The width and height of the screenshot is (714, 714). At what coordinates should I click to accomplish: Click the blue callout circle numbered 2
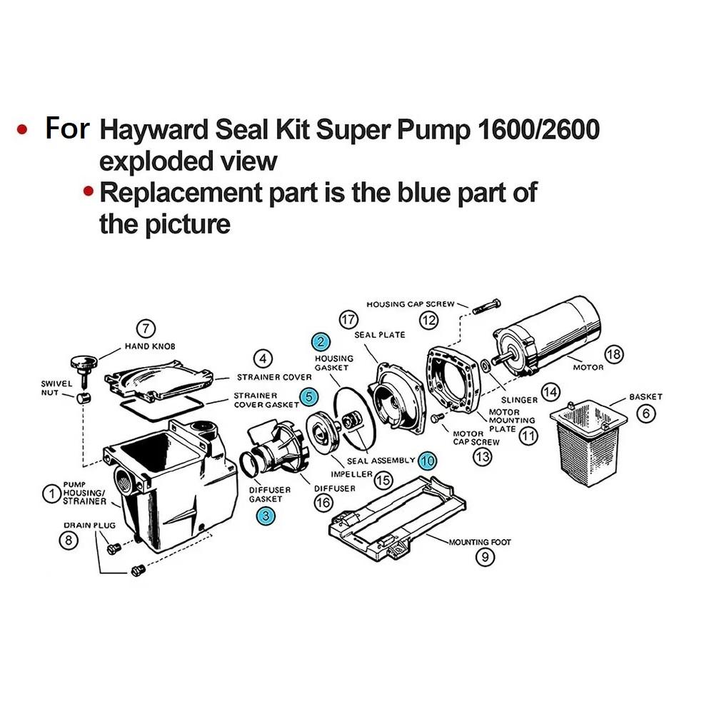coord(321,342)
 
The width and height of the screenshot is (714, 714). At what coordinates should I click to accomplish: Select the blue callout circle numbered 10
coord(427,461)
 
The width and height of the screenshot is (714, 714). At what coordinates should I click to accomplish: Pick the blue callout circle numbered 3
coord(266,516)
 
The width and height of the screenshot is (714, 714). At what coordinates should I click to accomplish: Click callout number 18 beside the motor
coord(613,353)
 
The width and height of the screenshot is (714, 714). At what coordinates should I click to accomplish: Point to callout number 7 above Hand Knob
coord(146,328)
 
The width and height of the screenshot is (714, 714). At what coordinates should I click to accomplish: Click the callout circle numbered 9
coord(485,558)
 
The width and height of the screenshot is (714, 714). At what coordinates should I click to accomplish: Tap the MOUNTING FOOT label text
coord(480,542)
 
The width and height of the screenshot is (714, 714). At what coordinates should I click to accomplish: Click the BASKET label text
coord(645,396)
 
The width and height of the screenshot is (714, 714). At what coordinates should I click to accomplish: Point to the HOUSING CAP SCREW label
coord(410,304)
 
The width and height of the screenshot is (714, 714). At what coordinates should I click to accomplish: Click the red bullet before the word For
coord(23,130)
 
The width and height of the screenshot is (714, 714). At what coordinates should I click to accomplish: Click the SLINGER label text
coord(519,401)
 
